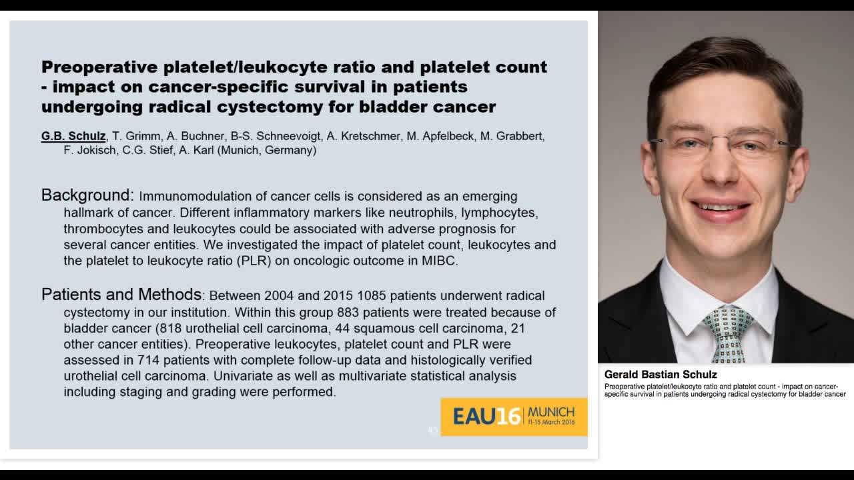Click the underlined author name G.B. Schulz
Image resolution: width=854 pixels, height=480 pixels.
point(73,136)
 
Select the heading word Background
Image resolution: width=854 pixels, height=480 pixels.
point(87,195)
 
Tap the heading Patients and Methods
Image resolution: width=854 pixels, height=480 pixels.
point(121,295)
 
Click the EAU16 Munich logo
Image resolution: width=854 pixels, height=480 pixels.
point(513,417)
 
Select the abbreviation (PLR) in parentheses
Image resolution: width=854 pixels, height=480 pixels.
point(254,261)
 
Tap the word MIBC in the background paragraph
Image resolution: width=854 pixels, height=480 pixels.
point(439,261)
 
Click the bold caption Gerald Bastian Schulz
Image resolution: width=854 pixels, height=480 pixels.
point(661,375)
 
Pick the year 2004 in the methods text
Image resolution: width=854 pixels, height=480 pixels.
point(281,295)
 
